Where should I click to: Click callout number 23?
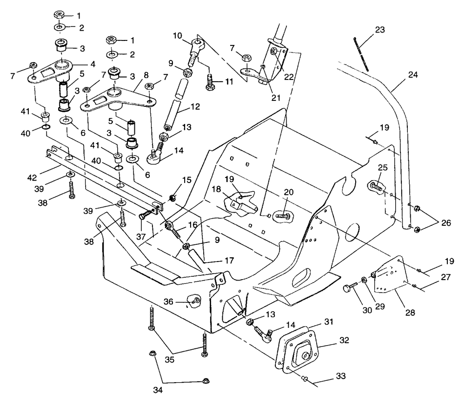[x=380, y=30]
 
